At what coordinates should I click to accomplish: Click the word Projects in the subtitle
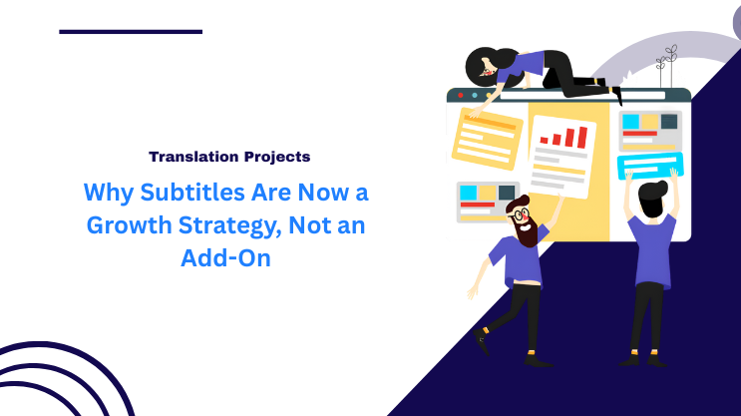coord(275,156)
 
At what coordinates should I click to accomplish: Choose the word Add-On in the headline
coord(225,257)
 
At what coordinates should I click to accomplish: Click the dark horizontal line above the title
coord(131,32)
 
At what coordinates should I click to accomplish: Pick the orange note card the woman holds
coord(487,138)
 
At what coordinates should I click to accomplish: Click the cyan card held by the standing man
coord(649,165)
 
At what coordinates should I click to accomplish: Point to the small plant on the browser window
coord(665,66)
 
